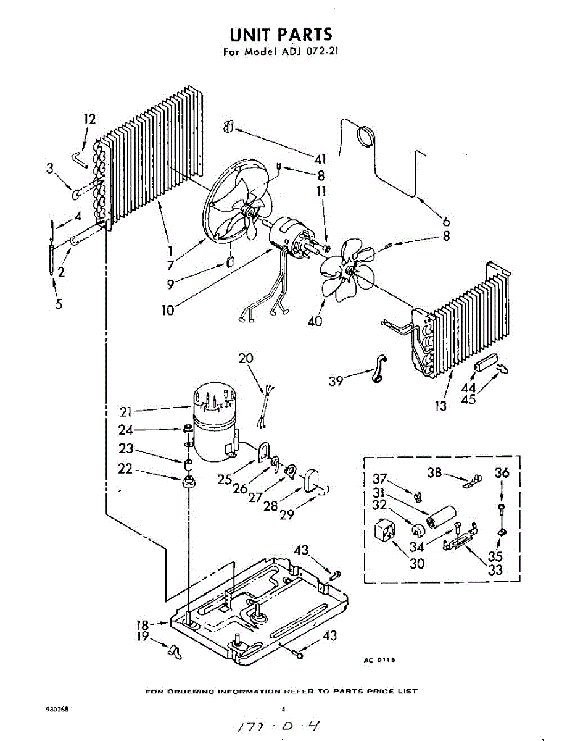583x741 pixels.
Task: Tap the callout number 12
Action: click(x=90, y=119)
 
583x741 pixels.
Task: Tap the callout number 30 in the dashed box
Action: click(x=417, y=563)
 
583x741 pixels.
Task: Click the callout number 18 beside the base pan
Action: click(x=142, y=626)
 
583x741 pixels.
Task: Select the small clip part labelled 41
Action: click(x=227, y=127)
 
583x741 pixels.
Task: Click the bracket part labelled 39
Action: click(x=378, y=370)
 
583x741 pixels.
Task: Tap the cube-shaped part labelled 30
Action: click(x=386, y=530)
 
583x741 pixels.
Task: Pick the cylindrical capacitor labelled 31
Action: click(x=442, y=517)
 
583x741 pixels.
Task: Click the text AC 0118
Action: click(x=379, y=660)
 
